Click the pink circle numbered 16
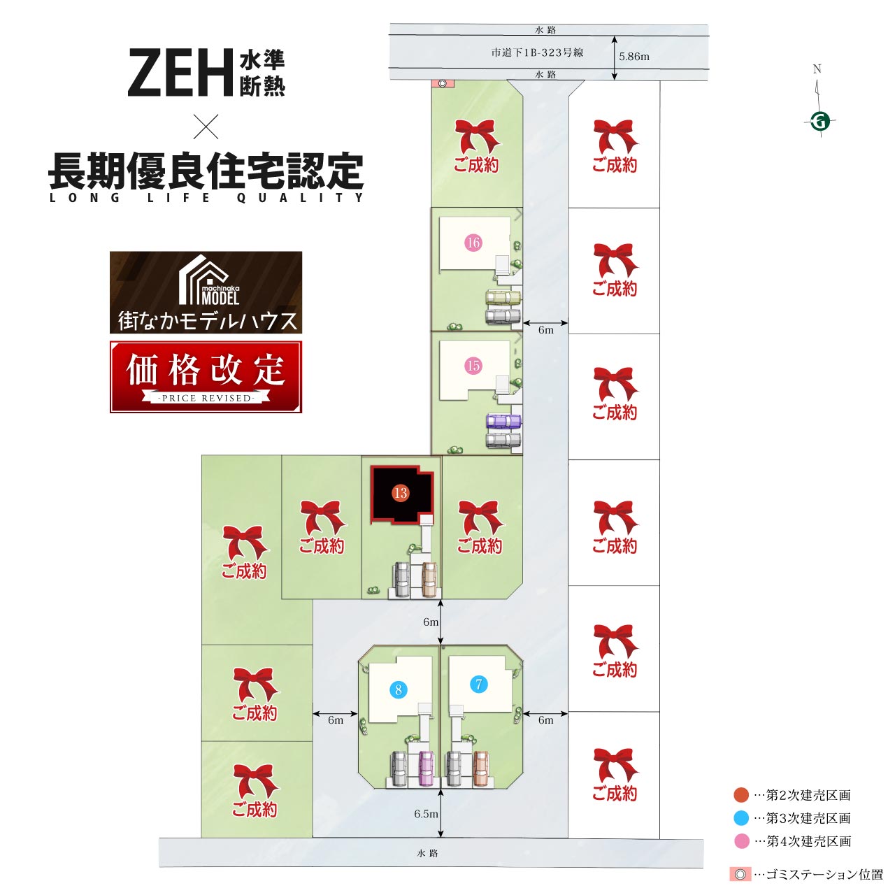[473, 243]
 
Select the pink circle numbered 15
[473, 366]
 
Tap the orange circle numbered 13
[400, 493]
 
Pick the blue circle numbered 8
[398, 689]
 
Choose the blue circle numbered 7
[478, 684]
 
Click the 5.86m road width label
[634, 57]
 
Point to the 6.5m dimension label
[426, 814]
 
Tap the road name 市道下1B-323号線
[537, 52]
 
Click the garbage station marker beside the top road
[443, 84]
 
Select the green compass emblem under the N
[820, 122]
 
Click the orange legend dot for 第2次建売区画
[741, 795]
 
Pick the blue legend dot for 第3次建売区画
[741, 818]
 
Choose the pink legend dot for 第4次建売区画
[741, 841]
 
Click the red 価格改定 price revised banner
[206, 377]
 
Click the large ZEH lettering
[180, 73]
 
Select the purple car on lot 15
[503, 422]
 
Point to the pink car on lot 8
[426, 768]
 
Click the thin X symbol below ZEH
[206, 127]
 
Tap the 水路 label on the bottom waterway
[427, 853]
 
